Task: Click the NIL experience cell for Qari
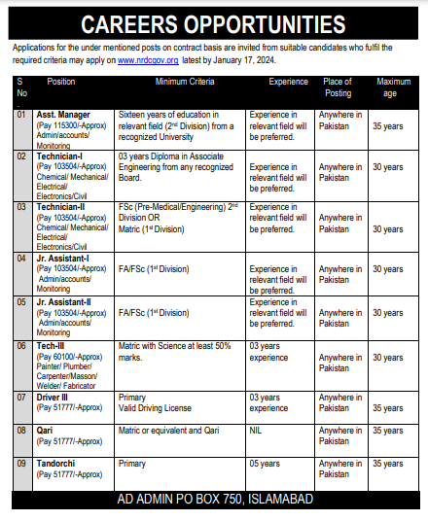pyautogui.click(x=257, y=429)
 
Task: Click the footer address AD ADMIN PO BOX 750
pyautogui.click(x=213, y=500)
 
